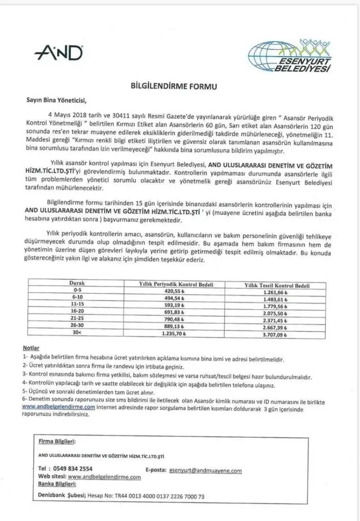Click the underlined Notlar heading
(x=31, y=348)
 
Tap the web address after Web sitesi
(x=104, y=477)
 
